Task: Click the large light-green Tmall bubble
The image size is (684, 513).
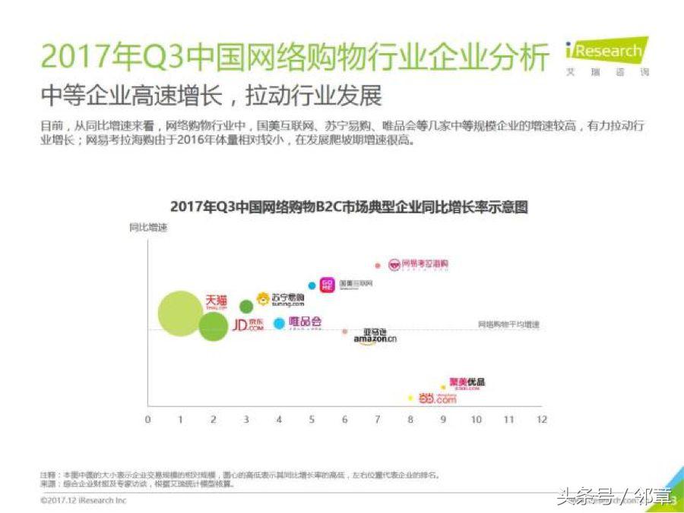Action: point(180,313)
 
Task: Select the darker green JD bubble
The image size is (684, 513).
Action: point(214,326)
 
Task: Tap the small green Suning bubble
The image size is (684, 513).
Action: point(246,307)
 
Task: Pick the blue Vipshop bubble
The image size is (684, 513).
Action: point(280,323)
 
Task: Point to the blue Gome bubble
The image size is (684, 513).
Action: point(312,285)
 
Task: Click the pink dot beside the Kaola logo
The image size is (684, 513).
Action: point(377,266)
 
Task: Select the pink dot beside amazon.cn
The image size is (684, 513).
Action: point(344,332)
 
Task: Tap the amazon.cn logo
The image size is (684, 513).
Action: point(375,337)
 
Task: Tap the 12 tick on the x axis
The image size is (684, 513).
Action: point(541,419)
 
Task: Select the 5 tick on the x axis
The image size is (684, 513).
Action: point(312,419)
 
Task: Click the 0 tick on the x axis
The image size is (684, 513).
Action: point(147,419)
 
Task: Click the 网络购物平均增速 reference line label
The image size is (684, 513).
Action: point(508,325)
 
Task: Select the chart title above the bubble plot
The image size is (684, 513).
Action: point(348,206)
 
